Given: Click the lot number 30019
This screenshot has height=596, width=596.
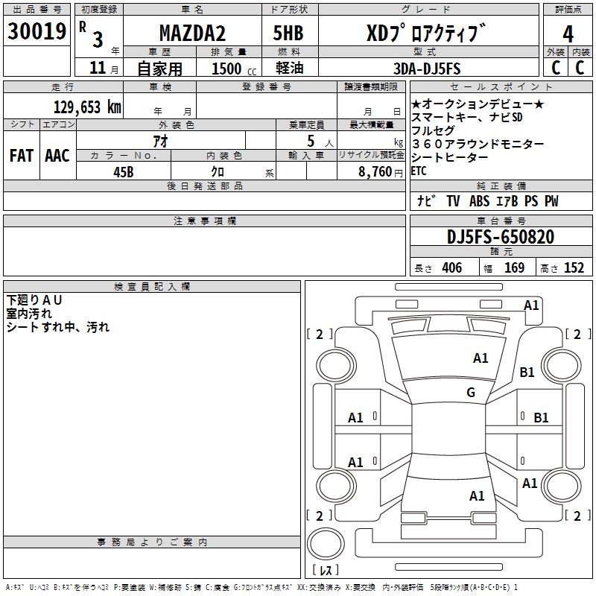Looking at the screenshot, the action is (37, 31).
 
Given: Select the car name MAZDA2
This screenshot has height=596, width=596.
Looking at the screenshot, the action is (192, 33).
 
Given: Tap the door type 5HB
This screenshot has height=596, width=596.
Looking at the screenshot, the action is (288, 33).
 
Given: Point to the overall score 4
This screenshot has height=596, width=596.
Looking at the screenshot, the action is (568, 34).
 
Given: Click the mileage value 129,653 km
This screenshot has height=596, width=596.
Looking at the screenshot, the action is (87, 107).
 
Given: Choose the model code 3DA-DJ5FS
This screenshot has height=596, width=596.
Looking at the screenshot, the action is (427, 69).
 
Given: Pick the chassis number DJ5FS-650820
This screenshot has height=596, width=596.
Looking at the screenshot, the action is (501, 237).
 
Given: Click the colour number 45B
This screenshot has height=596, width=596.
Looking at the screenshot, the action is (124, 172).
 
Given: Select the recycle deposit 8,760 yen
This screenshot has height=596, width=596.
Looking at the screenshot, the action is (381, 172).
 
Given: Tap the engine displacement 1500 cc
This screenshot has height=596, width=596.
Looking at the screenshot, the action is (234, 69).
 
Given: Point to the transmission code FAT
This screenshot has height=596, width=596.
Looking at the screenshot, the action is (22, 156).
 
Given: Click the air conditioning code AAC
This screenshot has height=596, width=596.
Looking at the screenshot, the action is (57, 156).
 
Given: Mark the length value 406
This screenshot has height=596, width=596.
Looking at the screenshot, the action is (452, 267).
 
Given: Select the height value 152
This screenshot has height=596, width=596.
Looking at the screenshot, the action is (574, 267).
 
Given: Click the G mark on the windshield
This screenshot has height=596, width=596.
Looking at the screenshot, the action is (471, 392).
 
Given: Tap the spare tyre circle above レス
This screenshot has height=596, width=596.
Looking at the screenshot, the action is (326, 544).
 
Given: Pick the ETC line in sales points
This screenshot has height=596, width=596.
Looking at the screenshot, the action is (419, 171).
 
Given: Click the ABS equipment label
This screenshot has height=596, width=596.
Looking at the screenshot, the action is (479, 201).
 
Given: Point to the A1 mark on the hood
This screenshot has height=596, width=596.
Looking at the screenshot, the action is (481, 358).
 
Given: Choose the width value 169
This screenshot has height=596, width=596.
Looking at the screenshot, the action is (514, 267).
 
